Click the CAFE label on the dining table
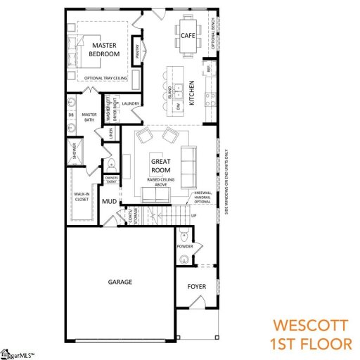click(188, 35)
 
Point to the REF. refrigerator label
click(208, 70)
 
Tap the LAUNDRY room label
click(131, 104)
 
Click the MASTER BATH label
click(89, 117)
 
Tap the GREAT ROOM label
click(161, 166)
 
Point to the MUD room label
click(109, 202)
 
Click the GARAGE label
click(120, 282)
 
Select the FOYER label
click(196, 287)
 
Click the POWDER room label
click(185, 246)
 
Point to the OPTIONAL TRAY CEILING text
click(105, 79)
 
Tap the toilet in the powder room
click(184, 235)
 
